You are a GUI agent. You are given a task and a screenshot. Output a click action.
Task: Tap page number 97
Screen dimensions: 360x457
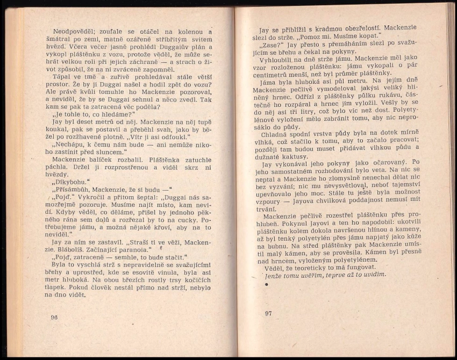click(x=269, y=313)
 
